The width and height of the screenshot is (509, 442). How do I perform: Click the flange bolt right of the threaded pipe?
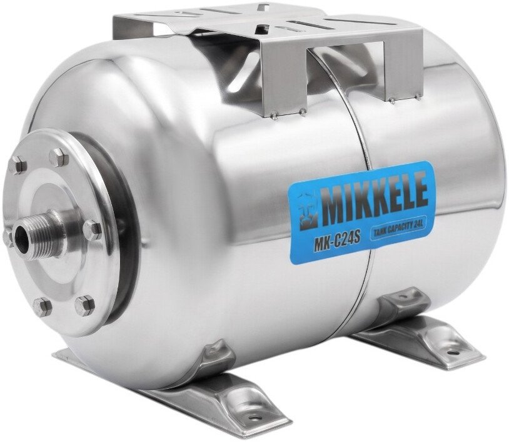pos(92,229)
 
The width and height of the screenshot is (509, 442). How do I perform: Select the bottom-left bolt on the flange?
pos(42,306)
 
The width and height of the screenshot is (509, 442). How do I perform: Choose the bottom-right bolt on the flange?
pos(84,304)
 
